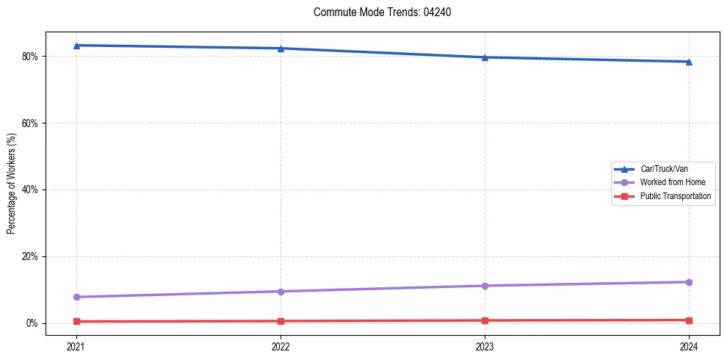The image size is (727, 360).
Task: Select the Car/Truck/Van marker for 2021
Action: click(76, 46)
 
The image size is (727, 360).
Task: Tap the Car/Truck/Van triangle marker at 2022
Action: click(281, 48)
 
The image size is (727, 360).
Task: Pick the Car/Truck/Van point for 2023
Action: click(485, 57)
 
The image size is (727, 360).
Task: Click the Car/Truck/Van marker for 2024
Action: click(689, 62)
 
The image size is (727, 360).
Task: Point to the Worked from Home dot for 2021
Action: click(76, 297)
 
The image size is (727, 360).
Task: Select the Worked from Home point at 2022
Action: click(281, 292)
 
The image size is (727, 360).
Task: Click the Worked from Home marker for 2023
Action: click(485, 286)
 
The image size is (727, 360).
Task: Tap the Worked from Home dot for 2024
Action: click(689, 282)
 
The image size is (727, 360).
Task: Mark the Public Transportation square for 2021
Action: click(76, 321)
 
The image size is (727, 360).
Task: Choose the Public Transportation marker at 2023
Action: click(485, 320)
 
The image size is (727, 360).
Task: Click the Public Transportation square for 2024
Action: click(689, 320)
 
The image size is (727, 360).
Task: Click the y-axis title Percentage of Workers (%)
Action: click(12, 184)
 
